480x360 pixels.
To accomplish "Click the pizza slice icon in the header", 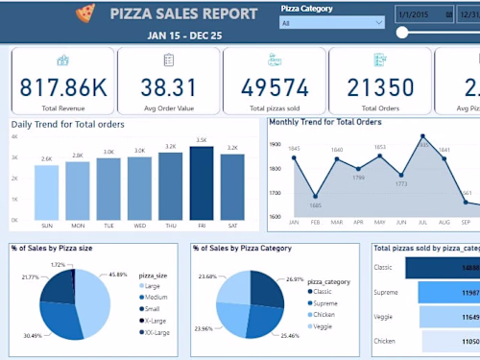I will [85, 13].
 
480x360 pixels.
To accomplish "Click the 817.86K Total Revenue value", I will [62, 88].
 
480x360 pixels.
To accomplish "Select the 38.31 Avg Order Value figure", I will [168, 88].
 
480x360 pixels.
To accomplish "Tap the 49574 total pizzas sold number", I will [273, 88].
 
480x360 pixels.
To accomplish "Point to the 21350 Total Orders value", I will [376, 88].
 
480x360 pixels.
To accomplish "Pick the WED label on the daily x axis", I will [139, 226].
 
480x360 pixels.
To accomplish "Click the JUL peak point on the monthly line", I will [422, 137].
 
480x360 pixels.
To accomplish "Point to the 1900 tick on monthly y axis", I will [276, 145].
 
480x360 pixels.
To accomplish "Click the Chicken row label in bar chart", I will [384, 341].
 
